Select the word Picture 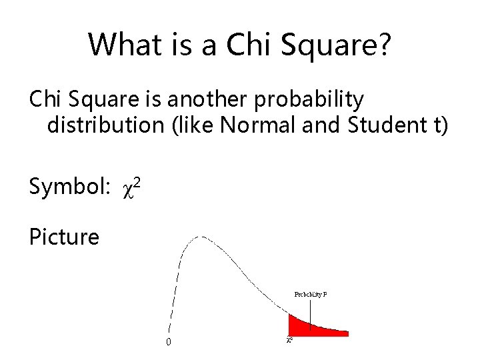tap(64, 237)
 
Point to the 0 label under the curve tap(168, 343)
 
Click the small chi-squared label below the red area tap(289, 340)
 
